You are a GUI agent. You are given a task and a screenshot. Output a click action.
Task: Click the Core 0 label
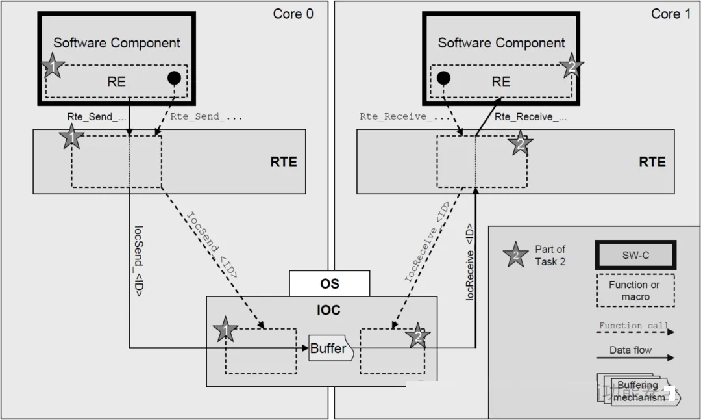coord(293,14)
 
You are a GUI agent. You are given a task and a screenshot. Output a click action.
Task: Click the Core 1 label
coord(671,14)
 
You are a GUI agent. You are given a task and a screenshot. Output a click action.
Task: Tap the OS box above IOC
coord(329,283)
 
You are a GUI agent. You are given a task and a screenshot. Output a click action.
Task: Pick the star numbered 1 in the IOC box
coord(225,331)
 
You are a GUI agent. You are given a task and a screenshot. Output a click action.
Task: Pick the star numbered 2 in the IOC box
coord(417,336)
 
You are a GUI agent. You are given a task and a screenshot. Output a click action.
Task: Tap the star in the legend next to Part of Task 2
coord(516,255)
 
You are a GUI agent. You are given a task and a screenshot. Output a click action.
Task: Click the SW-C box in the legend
coord(635,255)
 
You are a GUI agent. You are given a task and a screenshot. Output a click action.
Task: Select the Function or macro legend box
coord(634,291)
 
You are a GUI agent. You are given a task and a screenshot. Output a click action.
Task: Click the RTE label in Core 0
coord(284,161)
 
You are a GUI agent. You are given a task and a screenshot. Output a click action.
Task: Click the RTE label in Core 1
coord(652,161)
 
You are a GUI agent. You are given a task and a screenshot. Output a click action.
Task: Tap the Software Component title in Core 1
coord(501,43)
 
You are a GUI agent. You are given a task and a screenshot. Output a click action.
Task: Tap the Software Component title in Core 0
coord(117,43)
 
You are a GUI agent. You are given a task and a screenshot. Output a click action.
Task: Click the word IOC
coord(328,310)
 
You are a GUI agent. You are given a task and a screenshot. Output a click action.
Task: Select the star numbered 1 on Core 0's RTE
coord(72,138)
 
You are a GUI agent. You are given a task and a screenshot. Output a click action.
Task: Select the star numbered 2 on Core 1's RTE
coord(520,144)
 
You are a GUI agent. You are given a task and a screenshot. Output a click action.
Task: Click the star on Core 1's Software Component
coord(571,66)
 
